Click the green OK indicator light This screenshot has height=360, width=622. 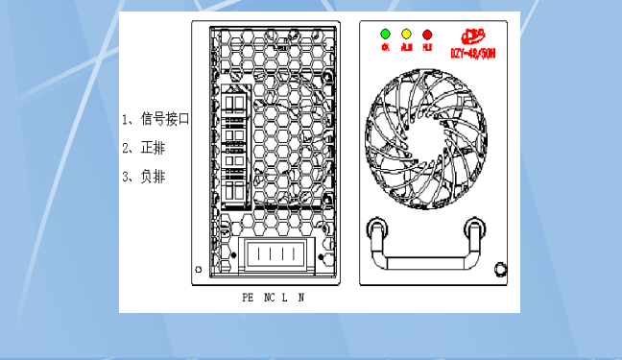(x=385, y=34)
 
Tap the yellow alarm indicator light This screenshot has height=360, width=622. (x=406, y=34)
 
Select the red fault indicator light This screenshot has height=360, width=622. (x=427, y=34)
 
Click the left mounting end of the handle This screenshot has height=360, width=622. (x=377, y=228)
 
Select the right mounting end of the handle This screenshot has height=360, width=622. (x=474, y=228)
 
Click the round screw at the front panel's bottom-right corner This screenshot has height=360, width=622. (x=499, y=268)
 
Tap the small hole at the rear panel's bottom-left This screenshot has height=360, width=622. (x=198, y=269)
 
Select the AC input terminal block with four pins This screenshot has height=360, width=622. (x=277, y=256)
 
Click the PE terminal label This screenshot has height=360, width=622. (x=248, y=299)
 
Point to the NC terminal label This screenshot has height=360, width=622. (x=269, y=299)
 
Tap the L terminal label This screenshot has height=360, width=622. (x=285, y=299)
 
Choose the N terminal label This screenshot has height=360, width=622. (x=301, y=299)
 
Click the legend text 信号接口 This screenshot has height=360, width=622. (x=165, y=120)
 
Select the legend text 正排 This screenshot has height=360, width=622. (x=153, y=148)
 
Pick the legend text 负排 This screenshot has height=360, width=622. (x=153, y=177)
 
